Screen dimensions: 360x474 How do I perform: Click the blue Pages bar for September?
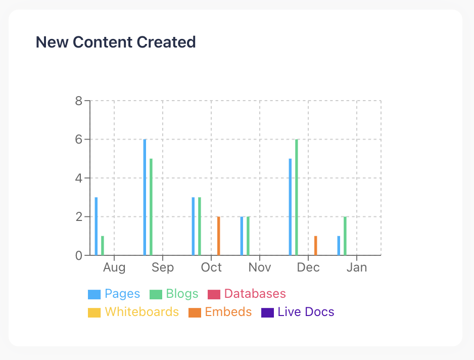click(x=145, y=197)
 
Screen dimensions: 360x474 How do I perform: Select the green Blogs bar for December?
click(x=297, y=197)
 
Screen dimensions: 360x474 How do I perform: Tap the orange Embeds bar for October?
click(x=218, y=236)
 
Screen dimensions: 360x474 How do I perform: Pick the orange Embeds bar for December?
click(x=315, y=246)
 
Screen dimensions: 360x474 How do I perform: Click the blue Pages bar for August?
click(x=96, y=227)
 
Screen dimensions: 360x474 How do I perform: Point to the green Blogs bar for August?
click(x=103, y=246)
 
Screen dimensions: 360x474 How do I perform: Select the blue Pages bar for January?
click(x=339, y=246)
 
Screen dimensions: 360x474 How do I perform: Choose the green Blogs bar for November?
click(x=248, y=236)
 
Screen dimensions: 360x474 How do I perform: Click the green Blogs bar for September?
click(x=151, y=207)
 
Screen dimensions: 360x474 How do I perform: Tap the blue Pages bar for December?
click(x=290, y=207)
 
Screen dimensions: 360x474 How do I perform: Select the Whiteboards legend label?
click(x=141, y=312)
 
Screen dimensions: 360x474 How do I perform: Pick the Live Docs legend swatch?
click(x=267, y=312)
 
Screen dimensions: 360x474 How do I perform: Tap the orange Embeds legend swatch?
click(x=194, y=312)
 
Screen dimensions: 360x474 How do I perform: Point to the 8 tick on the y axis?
click(x=79, y=101)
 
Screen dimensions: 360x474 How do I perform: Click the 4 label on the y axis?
click(x=79, y=178)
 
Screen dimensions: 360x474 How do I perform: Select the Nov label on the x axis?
click(x=260, y=267)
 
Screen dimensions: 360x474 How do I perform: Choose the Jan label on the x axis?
click(x=357, y=267)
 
